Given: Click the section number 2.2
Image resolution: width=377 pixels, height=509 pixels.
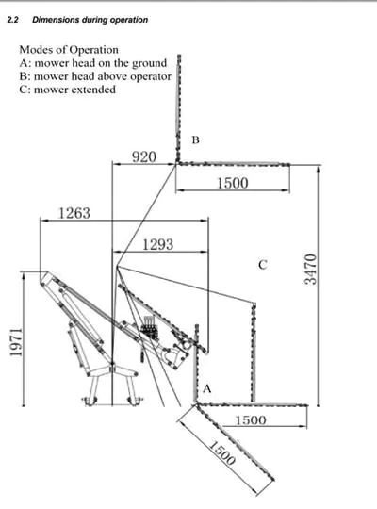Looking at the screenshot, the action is (x=12, y=20).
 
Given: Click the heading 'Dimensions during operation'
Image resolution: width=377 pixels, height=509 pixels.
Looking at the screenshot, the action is (x=90, y=20).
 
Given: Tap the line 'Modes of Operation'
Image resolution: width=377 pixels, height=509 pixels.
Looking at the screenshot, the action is (x=69, y=50).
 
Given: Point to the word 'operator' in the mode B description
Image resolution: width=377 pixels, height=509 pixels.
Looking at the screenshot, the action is (x=151, y=77).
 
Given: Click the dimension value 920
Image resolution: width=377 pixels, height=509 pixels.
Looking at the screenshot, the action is (x=144, y=157).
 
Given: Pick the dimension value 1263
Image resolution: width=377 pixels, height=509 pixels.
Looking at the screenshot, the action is (x=74, y=213).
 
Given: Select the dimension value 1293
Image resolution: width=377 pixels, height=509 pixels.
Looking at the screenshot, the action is (x=158, y=244).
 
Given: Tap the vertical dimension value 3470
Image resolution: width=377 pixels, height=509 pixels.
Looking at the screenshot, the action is (x=310, y=269).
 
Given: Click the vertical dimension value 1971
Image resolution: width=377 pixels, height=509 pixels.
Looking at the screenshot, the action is (x=16, y=342).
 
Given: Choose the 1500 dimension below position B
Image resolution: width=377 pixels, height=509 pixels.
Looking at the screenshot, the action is (x=232, y=183).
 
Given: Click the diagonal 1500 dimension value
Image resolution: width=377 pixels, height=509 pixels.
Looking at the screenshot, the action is (x=221, y=452).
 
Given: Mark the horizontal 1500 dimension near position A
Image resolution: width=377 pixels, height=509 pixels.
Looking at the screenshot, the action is (x=251, y=420).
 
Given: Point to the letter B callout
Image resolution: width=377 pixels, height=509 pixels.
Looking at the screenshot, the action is (x=195, y=140).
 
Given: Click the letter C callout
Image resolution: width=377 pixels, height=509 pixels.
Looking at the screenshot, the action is (x=263, y=265).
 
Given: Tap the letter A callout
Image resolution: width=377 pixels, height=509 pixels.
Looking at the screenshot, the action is (x=206, y=388).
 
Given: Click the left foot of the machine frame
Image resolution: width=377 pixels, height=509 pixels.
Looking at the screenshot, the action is (x=90, y=401).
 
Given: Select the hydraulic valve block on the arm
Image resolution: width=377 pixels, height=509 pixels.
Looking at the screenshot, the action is (x=150, y=328).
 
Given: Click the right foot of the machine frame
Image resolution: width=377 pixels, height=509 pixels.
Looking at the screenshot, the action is (x=135, y=401).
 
